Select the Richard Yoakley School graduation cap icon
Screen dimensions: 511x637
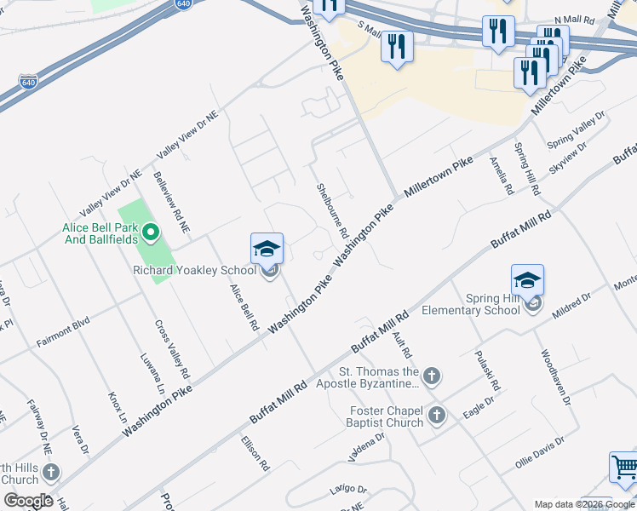click(267, 249)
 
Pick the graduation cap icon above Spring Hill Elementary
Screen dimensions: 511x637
click(527, 279)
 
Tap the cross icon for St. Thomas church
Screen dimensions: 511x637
click(433, 376)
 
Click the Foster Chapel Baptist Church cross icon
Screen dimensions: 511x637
click(437, 416)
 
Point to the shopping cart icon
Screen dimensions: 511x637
click(625, 469)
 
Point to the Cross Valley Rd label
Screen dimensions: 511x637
click(172, 350)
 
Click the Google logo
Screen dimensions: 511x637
click(28, 501)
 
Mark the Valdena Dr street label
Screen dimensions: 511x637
click(365, 446)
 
